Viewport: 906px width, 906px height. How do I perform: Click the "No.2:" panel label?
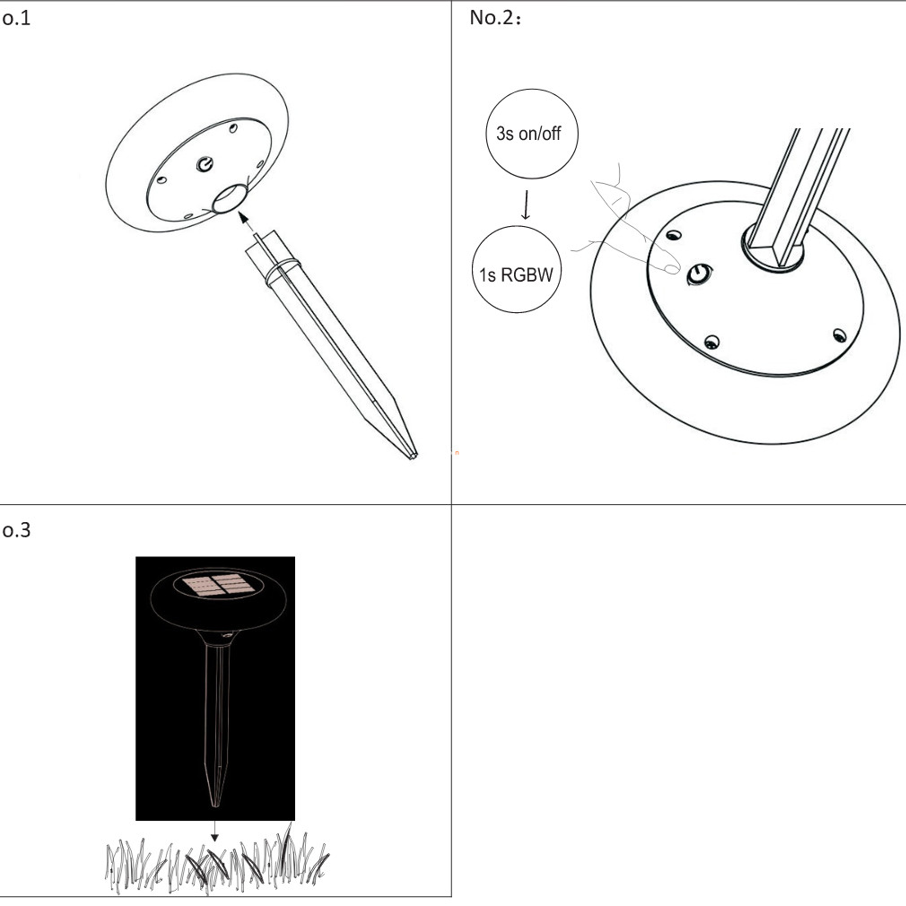tap(495, 18)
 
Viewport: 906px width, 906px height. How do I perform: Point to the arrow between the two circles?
tap(526, 205)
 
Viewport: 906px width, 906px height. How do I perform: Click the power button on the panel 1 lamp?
tap(205, 164)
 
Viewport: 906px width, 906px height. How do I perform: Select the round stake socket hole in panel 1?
tap(231, 198)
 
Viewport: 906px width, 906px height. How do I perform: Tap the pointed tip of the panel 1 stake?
tap(414, 457)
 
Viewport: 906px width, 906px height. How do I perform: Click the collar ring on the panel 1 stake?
tap(282, 270)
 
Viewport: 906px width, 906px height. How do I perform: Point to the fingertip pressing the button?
tap(671, 268)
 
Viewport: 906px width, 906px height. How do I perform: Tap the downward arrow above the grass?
tap(214, 831)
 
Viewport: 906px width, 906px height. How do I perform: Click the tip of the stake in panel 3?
tap(216, 805)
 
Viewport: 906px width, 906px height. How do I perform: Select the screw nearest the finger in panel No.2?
tap(673, 235)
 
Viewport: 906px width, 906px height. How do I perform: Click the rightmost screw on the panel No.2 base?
tap(840, 335)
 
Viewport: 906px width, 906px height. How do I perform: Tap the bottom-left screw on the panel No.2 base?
tap(711, 342)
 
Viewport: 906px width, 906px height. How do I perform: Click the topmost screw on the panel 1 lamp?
tap(233, 127)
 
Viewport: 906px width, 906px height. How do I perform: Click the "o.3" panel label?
tap(16, 530)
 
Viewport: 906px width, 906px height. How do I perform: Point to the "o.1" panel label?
tap(16, 18)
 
